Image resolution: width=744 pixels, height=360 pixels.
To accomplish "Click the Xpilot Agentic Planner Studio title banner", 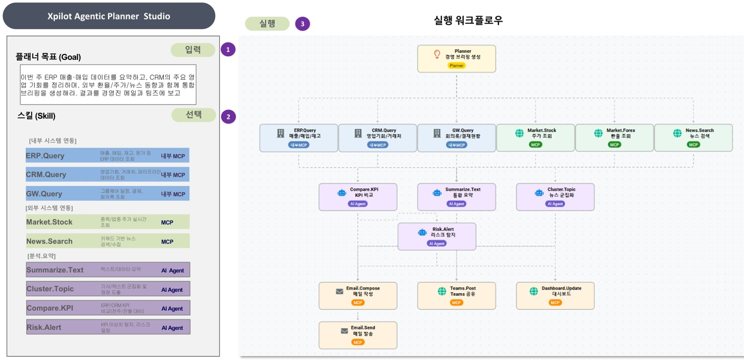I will tap(109, 16).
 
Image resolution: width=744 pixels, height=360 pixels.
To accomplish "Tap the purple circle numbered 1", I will tap(228, 49).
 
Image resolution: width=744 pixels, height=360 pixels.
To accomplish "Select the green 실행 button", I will tap(267, 24).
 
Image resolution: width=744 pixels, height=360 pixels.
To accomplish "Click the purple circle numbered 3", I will tap(302, 24).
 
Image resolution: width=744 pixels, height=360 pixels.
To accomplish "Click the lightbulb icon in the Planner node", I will tap(437, 54).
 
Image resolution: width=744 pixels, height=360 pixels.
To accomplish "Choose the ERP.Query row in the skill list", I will tap(107, 156).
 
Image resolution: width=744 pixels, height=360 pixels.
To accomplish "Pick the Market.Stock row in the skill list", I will tap(107, 222).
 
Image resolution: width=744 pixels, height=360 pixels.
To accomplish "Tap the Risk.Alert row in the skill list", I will tap(108, 327).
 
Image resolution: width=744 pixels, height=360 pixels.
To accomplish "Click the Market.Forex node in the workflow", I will tap(614, 137).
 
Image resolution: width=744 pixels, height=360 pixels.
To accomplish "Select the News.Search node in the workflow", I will tap(693, 137).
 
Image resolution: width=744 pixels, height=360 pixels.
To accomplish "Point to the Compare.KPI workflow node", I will tap(358, 196).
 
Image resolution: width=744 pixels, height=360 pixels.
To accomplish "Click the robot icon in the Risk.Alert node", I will tap(422, 232).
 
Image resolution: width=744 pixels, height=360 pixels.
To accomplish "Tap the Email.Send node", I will tap(358, 335).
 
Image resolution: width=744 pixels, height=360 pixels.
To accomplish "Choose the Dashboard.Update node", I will tap(555, 296).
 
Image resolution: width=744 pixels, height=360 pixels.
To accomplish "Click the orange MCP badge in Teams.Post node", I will tap(456, 303).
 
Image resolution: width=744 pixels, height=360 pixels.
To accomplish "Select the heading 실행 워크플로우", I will tap(468, 21).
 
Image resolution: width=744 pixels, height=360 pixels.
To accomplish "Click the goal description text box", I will tap(108, 84).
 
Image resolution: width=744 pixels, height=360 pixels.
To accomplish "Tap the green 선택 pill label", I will tap(193, 115).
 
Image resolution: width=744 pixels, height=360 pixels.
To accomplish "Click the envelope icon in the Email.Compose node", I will tap(340, 292).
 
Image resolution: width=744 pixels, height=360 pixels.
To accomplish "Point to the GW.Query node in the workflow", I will tap(456, 137).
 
